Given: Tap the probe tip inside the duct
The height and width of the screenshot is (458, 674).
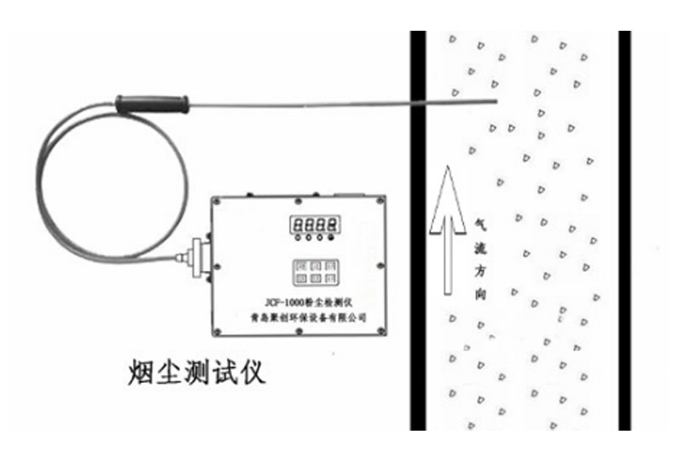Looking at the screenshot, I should point(493,100).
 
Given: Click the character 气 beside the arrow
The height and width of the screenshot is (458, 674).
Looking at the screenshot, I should point(480,221).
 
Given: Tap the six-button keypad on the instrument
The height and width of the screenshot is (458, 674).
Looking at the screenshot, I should point(313,271).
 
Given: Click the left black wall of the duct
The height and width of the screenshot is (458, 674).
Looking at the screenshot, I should point(418,231).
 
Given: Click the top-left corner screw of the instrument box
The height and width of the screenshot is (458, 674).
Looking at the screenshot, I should point(218,204).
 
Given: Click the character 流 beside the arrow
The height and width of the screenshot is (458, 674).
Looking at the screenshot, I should point(480,246).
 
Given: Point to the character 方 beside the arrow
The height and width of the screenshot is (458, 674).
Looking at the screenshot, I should point(480,271).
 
